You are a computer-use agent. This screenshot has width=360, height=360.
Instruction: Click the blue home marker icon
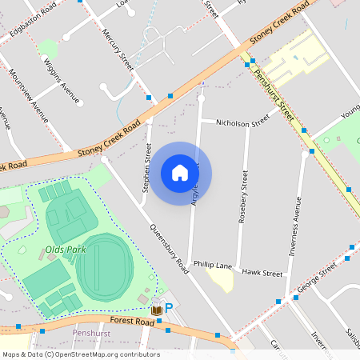tap(180, 173)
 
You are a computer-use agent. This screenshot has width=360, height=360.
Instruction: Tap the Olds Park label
tap(66, 250)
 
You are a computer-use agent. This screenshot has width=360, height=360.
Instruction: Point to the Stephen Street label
tap(146, 168)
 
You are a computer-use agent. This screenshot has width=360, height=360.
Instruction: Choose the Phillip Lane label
tap(212, 265)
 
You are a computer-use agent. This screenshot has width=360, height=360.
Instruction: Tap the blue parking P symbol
tap(169, 308)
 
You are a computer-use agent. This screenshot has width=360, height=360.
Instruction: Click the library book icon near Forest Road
tap(157, 310)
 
